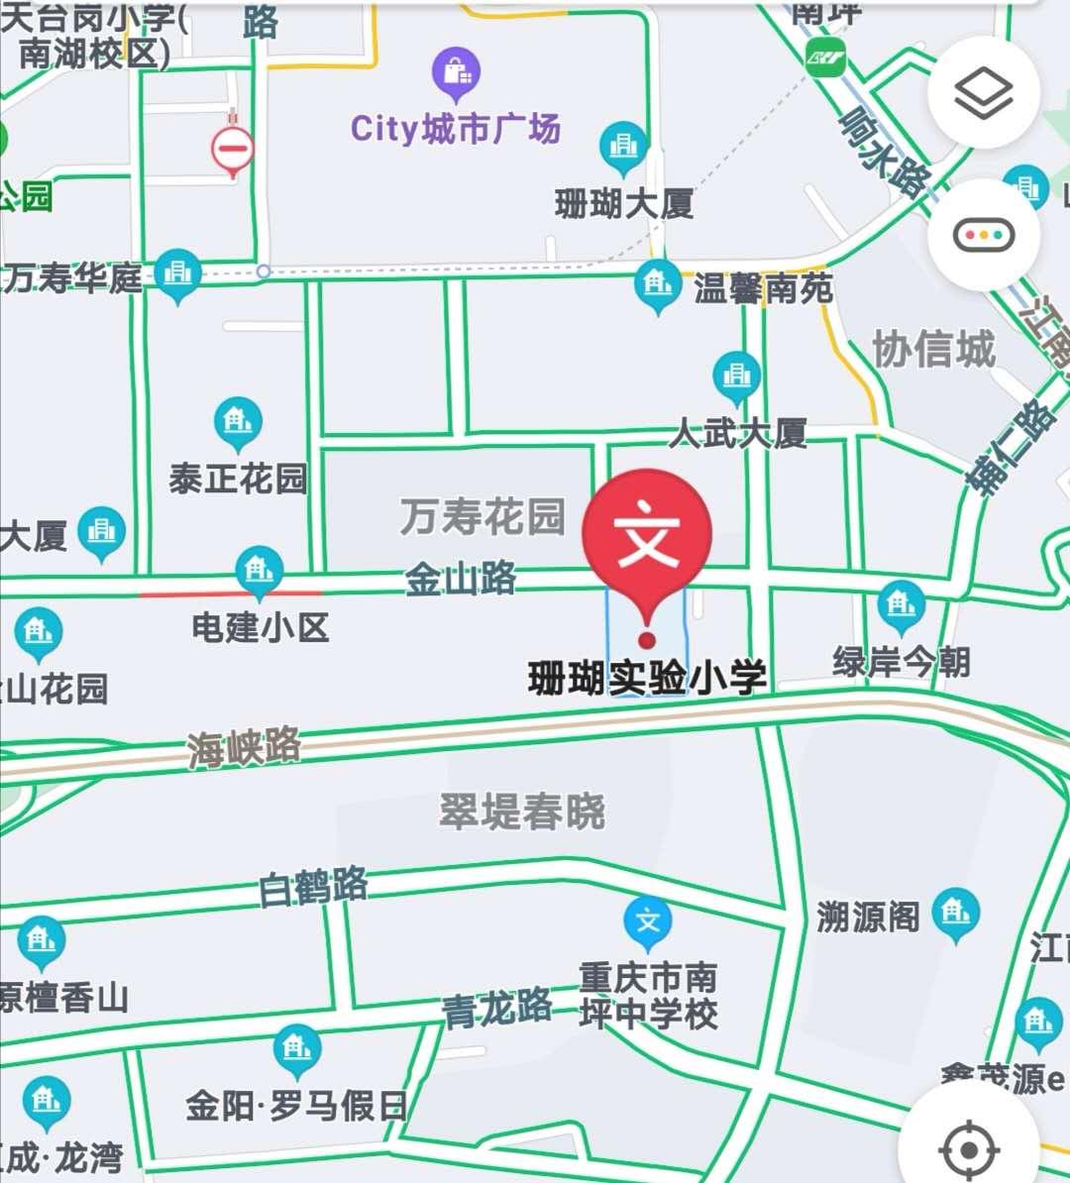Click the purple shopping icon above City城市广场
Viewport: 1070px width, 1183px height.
point(456,72)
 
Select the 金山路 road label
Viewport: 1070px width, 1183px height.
point(461,578)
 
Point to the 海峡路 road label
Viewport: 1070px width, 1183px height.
point(244,746)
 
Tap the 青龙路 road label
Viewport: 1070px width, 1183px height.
point(497,1009)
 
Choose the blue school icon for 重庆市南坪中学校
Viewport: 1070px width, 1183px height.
point(648,921)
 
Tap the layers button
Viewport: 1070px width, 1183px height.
point(983,93)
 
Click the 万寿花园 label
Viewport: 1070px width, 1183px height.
point(482,516)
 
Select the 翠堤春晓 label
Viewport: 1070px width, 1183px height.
point(522,811)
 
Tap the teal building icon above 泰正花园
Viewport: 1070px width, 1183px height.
point(238,421)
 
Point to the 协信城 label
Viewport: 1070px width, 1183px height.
point(933,350)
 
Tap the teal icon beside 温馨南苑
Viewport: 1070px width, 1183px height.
point(658,285)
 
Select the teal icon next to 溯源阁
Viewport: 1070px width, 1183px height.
point(955,912)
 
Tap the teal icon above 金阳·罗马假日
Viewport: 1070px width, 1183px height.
point(296,1050)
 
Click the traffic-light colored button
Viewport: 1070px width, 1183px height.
point(983,236)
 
